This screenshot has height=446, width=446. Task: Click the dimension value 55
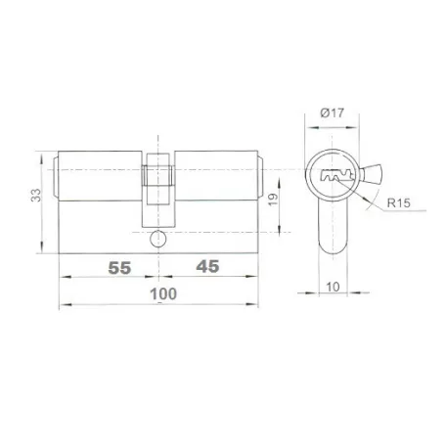(x=119, y=268)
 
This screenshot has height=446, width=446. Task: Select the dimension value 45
(x=207, y=267)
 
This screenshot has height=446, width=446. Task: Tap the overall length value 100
(x=163, y=294)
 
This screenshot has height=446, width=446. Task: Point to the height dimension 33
(x=36, y=195)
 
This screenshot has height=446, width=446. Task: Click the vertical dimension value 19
(x=273, y=200)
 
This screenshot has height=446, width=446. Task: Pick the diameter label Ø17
(x=333, y=112)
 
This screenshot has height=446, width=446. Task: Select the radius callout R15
(x=399, y=203)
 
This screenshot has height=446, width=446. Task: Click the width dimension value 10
(x=333, y=288)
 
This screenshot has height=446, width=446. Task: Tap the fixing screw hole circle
(x=158, y=239)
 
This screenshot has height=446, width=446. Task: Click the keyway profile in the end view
(x=337, y=175)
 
